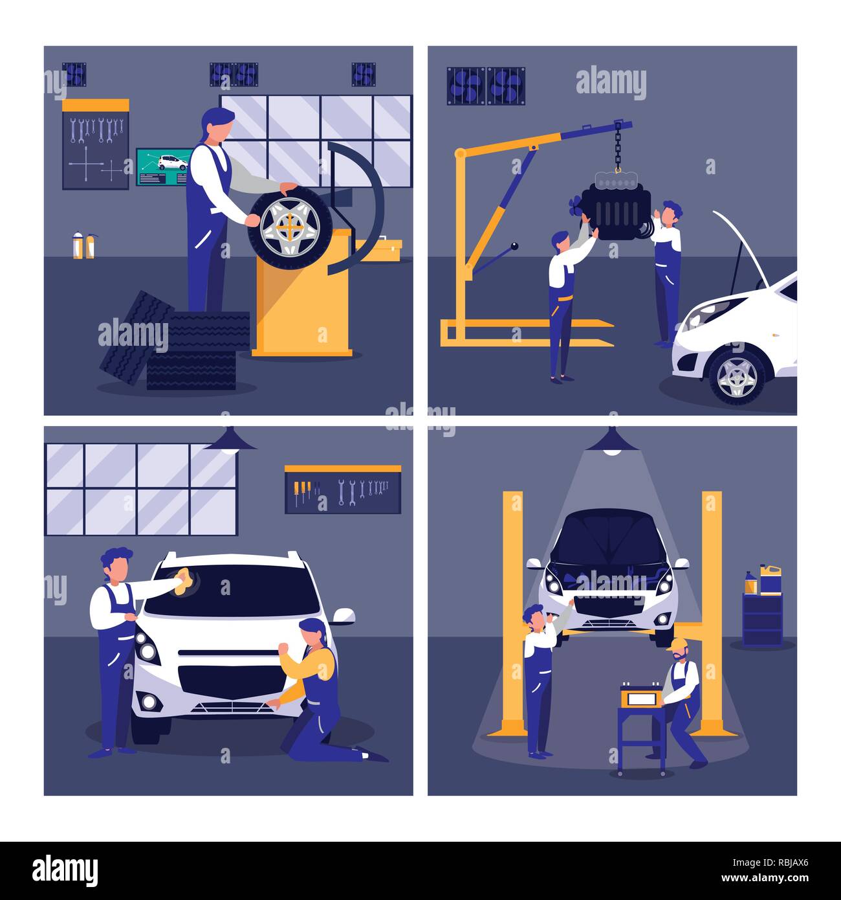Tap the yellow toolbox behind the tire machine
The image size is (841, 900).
click(x=383, y=250)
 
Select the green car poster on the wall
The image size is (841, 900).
click(x=164, y=167)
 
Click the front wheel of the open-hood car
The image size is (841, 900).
click(x=737, y=377)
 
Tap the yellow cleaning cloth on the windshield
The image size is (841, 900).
click(x=185, y=582)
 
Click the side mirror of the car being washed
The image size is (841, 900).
click(x=344, y=616)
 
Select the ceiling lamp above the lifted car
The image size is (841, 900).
click(x=612, y=441)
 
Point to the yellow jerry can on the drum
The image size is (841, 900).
click(x=770, y=579)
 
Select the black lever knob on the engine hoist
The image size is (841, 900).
click(x=514, y=247)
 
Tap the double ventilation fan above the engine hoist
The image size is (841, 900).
click(x=486, y=86)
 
